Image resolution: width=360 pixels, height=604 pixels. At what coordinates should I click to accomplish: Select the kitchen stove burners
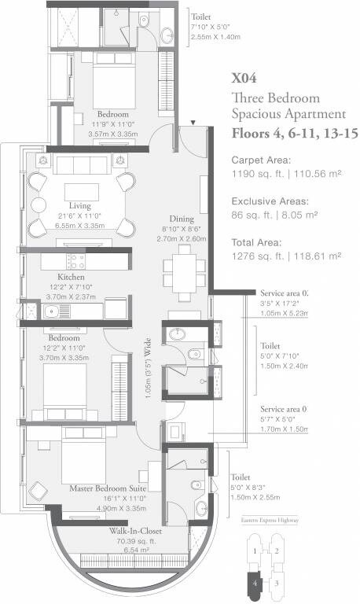76,260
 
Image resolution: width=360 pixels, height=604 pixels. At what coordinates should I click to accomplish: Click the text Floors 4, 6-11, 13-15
290,134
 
